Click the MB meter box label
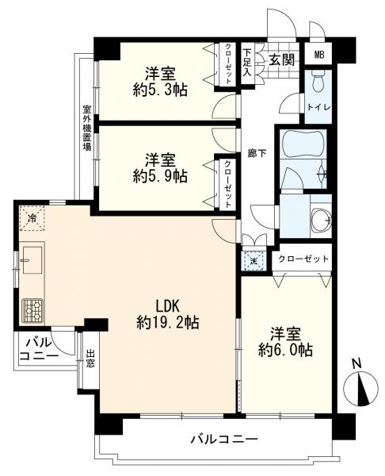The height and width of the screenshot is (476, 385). coord(319,55)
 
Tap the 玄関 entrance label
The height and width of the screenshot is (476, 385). coord(282,59)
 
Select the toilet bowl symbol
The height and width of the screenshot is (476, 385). coord(318,82)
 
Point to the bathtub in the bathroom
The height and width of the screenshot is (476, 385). coord(303,144)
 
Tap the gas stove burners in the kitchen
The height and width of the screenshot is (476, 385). coord(32,310)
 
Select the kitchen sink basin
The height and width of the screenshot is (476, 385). coord(32,259)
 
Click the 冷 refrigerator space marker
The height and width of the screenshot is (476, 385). coord(32,217)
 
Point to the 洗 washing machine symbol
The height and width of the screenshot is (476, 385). coord(253,260)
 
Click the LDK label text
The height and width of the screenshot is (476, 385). coord(168,306)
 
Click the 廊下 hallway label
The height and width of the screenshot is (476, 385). coord(257,154)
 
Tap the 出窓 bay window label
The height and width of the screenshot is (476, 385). coord(90,359)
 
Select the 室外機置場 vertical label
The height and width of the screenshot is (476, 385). coord(87,128)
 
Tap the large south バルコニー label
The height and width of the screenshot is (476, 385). coord(224,439)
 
